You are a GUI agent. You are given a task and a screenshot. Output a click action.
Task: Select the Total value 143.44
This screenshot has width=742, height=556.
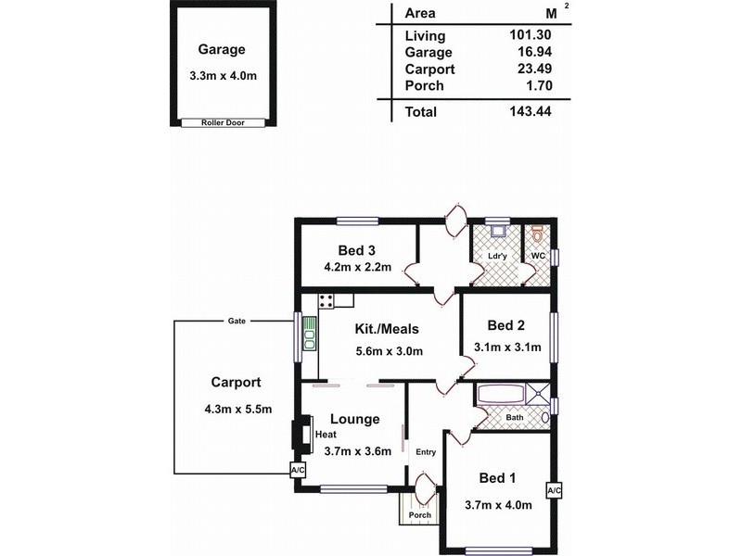[538, 112]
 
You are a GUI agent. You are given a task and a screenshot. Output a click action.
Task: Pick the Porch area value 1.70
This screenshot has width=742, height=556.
[547, 86]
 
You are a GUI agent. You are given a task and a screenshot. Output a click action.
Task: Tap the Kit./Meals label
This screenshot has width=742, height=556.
[388, 329]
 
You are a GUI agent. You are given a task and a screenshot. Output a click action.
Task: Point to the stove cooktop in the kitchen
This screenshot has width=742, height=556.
[326, 300]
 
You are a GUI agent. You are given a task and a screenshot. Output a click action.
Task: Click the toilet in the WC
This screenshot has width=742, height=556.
[537, 233]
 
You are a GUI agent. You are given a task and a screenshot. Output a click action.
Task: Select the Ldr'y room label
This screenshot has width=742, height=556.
[498, 256]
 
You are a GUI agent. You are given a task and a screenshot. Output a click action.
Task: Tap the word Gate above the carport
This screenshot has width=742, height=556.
[237, 320]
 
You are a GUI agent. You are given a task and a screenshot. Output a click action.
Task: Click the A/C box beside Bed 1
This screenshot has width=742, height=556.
[554, 489]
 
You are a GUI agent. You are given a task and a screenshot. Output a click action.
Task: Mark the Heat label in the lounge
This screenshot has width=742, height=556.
[326, 434]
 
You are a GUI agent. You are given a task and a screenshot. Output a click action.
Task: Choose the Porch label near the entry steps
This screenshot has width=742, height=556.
[420, 515]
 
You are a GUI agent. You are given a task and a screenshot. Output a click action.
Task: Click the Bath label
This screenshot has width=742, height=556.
[515, 418]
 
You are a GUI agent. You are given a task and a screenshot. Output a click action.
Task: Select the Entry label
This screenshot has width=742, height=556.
[426, 452]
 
